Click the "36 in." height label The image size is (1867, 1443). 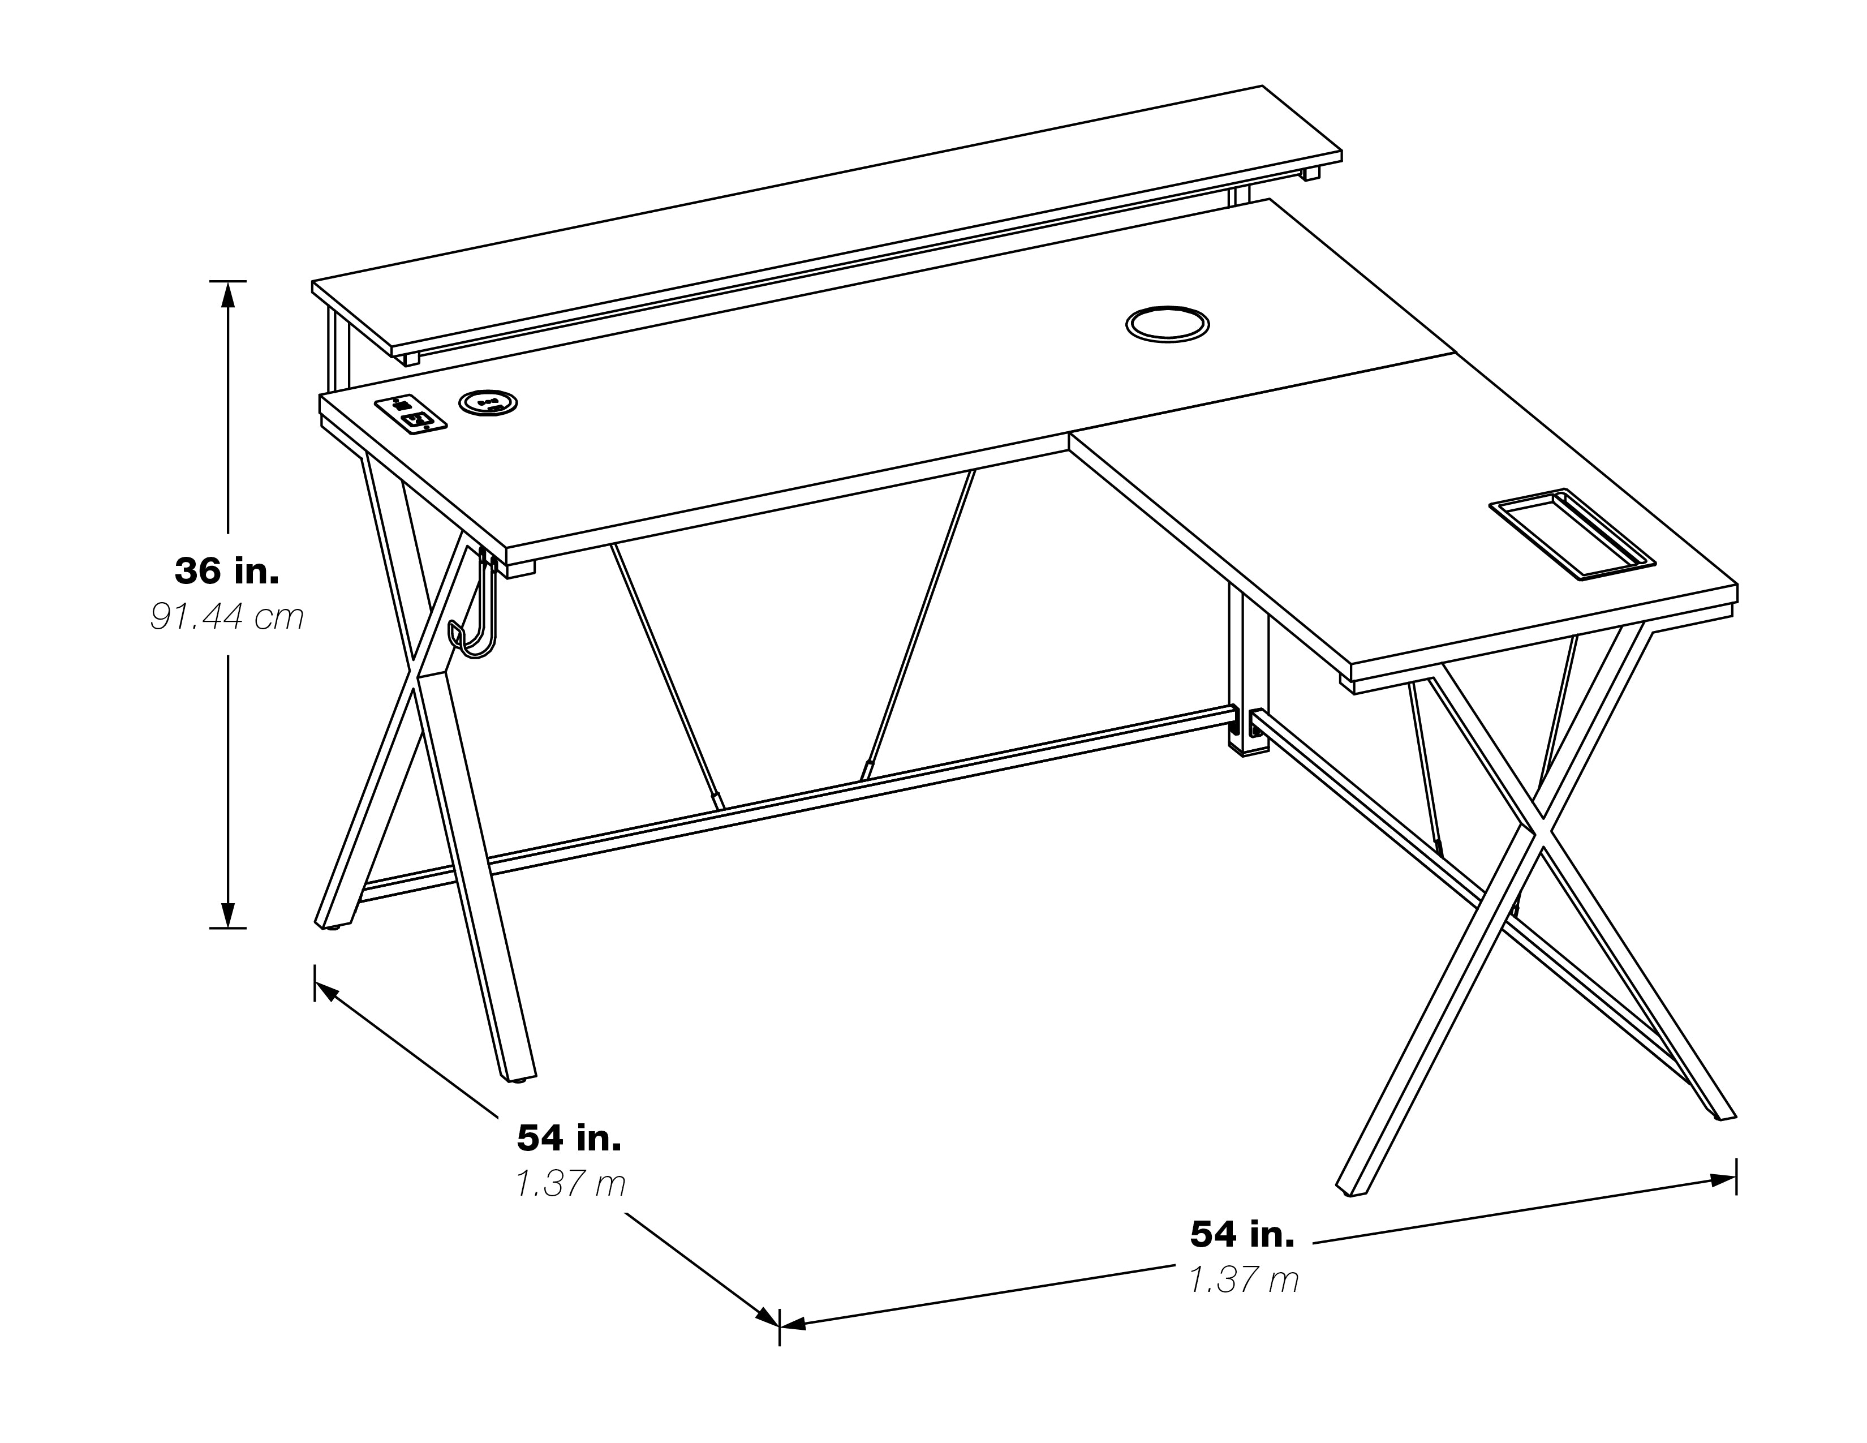pos(226,571)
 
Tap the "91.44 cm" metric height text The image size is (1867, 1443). pos(226,617)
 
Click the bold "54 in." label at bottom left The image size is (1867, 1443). pos(569,1138)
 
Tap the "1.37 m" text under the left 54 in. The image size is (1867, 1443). pos(570,1184)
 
